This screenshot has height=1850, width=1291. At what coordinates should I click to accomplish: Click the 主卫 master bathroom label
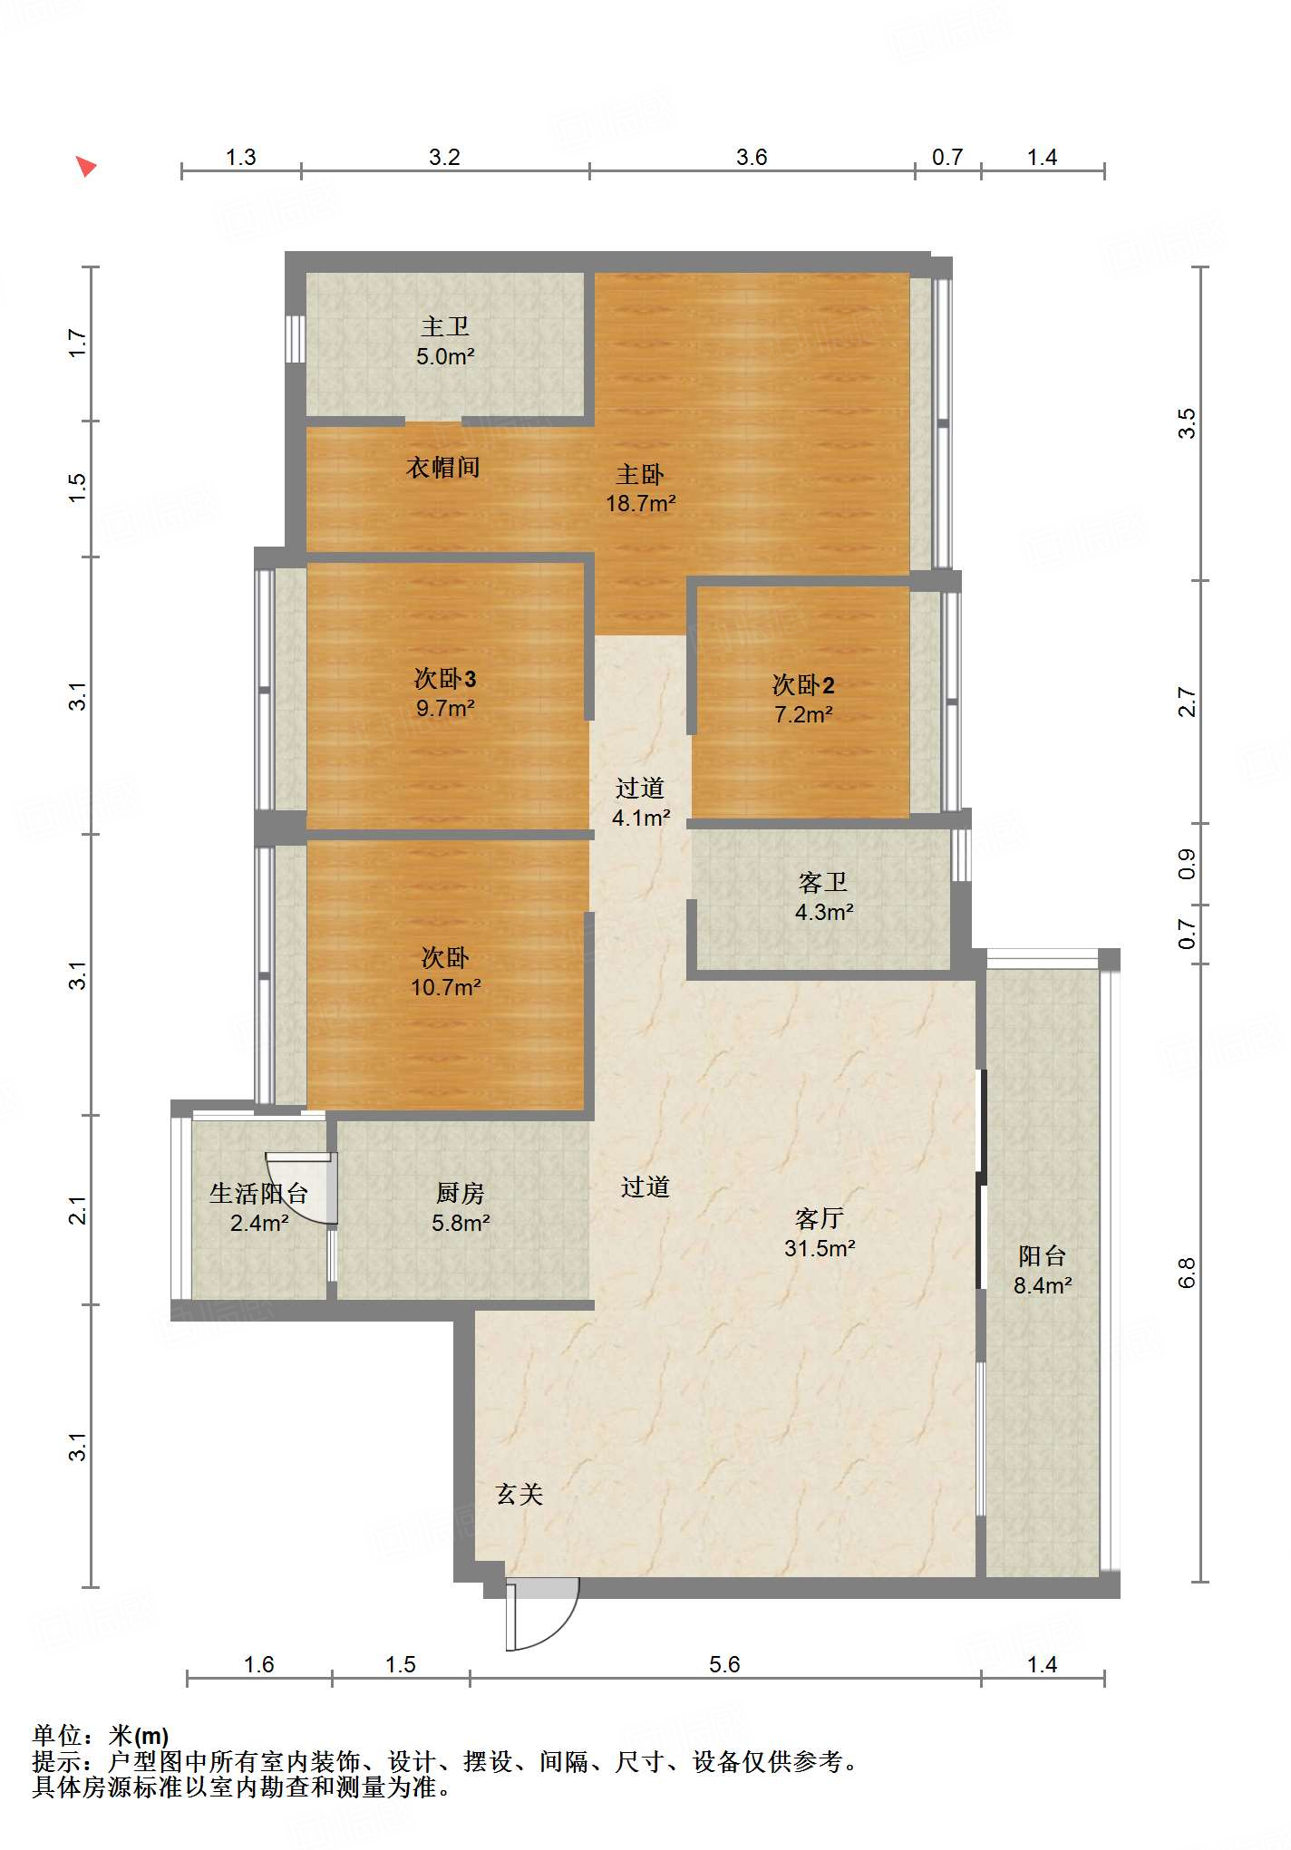click(445, 326)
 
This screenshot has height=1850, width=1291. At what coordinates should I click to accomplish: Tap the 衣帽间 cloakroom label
click(443, 468)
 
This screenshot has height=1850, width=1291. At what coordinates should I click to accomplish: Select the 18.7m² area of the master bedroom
click(641, 503)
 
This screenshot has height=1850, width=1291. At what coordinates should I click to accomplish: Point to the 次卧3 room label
click(445, 678)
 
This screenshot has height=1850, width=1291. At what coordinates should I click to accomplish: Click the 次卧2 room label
click(803, 684)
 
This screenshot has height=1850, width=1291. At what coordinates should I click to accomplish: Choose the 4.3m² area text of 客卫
click(824, 912)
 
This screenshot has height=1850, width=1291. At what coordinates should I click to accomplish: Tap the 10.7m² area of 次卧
click(446, 987)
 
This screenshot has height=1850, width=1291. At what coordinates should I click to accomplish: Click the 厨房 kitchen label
click(461, 1193)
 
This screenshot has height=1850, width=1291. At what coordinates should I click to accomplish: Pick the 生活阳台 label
click(259, 1193)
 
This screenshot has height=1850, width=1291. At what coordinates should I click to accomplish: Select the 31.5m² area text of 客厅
click(820, 1248)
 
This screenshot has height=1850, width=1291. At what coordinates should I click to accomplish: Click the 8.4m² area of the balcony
click(1043, 1285)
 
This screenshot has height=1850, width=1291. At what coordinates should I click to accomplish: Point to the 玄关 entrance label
click(519, 1494)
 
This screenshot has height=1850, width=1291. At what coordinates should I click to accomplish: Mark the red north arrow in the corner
click(85, 166)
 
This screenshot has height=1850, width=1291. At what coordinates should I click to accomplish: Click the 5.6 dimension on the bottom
click(724, 1664)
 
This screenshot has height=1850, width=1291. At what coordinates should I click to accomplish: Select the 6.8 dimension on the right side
click(1187, 1273)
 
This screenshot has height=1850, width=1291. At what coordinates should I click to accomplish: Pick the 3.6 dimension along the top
click(752, 157)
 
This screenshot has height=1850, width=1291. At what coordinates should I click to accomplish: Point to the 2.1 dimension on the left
click(78, 1210)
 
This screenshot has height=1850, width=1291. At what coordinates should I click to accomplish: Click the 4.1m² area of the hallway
click(641, 818)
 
